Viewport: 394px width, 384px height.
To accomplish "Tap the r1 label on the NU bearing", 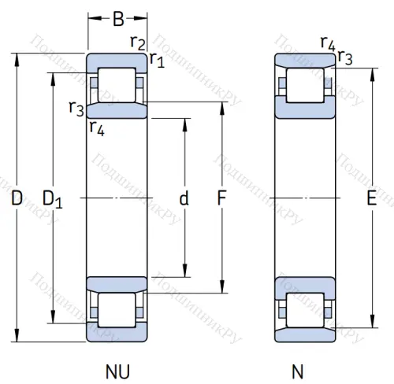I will [x=156, y=59].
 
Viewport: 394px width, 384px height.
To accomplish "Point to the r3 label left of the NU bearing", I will [x=76, y=109].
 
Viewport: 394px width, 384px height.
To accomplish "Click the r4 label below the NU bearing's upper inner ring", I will [x=96, y=127].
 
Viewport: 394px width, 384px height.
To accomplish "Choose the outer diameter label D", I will [x=17, y=200].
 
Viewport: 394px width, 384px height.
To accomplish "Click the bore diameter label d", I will [x=184, y=200].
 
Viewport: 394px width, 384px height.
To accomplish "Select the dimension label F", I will [x=223, y=200].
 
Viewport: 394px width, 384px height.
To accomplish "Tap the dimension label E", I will [x=371, y=200].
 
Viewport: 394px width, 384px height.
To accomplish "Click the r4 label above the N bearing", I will [x=327, y=42].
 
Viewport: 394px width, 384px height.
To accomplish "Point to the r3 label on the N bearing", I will [x=344, y=57].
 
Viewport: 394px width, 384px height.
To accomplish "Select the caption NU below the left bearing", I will [x=117, y=370].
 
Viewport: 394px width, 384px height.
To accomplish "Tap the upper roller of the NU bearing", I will [x=117, y=85].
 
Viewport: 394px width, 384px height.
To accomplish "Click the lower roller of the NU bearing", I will [x=117, y=310].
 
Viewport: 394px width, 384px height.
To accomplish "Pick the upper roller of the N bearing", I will [x=304, y=85].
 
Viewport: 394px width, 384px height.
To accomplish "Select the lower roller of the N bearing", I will [x=304, y=310].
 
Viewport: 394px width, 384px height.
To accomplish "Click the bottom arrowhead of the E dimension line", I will [x=371, y=323].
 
